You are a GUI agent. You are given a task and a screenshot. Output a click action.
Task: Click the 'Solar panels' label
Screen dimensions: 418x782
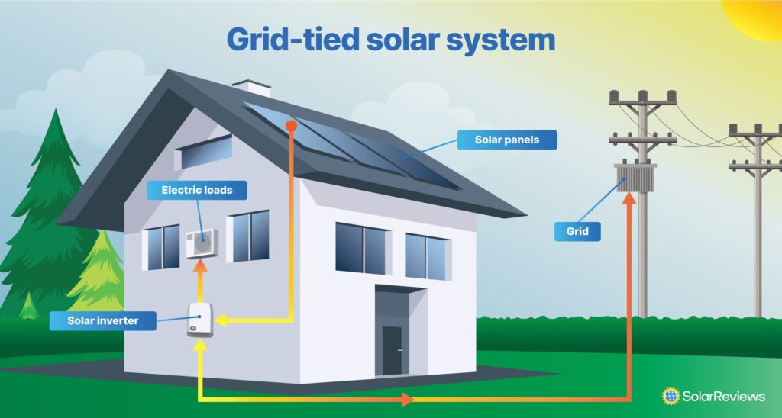click(x=507, y=140)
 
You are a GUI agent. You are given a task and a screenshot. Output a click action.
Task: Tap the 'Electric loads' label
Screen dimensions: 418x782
click(x=196, y=190)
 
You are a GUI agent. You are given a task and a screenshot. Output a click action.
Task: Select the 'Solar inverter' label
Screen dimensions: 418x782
click(x=102, y=320)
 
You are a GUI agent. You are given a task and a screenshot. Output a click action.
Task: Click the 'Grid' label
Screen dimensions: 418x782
click(x=578, y=231)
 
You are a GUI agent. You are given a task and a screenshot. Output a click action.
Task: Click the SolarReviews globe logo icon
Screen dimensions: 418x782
click(x=671, y=395)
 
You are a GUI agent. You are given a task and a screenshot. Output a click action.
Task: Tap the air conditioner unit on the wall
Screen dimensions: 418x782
click(x=202, y=243)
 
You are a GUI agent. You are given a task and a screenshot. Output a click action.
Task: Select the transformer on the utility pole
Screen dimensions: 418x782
click(x=635, y=177)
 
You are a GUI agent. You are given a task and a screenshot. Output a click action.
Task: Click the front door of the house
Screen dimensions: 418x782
click(x=393, y=350)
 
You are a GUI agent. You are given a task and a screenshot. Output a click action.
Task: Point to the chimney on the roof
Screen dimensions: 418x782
click(x=252, y=88)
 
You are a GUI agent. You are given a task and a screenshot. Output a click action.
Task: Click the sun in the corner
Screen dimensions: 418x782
click(x=756, y=15)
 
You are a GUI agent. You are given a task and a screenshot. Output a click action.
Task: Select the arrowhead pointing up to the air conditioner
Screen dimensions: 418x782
click(x=201, y=266)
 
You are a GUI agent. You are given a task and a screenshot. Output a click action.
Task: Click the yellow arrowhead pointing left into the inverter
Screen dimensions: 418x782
click(x=221, y=321)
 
